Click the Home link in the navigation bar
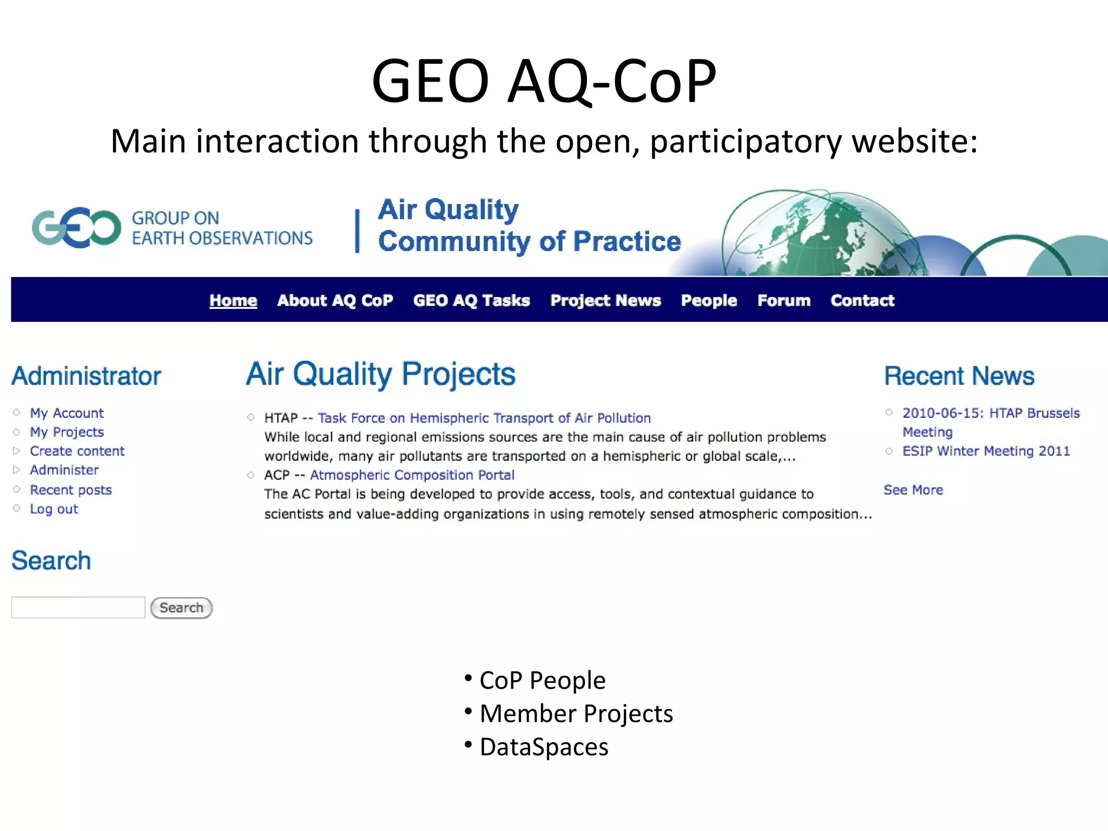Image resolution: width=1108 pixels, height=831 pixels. click(x=233, y=300)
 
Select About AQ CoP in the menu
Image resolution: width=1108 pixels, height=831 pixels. click(x=335, y=300)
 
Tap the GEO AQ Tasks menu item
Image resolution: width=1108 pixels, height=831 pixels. click(x=471, y=300)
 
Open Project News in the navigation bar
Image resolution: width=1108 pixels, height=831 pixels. click(x=605, y=300)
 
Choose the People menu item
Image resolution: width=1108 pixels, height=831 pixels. click(x=709, y=300)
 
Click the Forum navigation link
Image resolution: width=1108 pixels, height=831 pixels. click(x=783, y=300)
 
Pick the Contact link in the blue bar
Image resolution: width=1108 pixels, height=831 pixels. click(x=862, y=300)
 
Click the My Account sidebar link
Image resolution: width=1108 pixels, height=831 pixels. click(x=67, y=413)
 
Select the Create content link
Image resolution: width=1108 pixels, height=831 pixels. click(x=77, y=451)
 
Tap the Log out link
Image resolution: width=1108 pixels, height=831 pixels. click(x=54, y=509)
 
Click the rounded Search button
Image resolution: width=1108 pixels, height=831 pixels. click(x=181, y=608)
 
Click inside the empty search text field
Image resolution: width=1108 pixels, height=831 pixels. click(x=78, y=608)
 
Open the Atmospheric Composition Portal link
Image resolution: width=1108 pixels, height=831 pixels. click(x=412, y=475)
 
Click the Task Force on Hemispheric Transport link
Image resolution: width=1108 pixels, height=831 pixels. click(x=484, y=418)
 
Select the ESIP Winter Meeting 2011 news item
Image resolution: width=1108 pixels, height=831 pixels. click(x=986, y=451)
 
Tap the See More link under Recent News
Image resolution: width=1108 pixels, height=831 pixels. click(x=913, y=490)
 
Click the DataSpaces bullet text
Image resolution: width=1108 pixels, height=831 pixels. click(x=544, y=747)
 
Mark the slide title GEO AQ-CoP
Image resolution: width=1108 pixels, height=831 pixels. click(x=544, y=81)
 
